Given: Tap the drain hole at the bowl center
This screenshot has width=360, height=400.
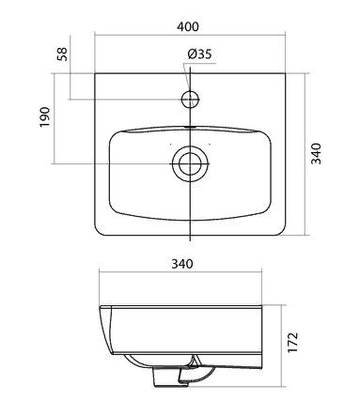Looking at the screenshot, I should tap(190, 163).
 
